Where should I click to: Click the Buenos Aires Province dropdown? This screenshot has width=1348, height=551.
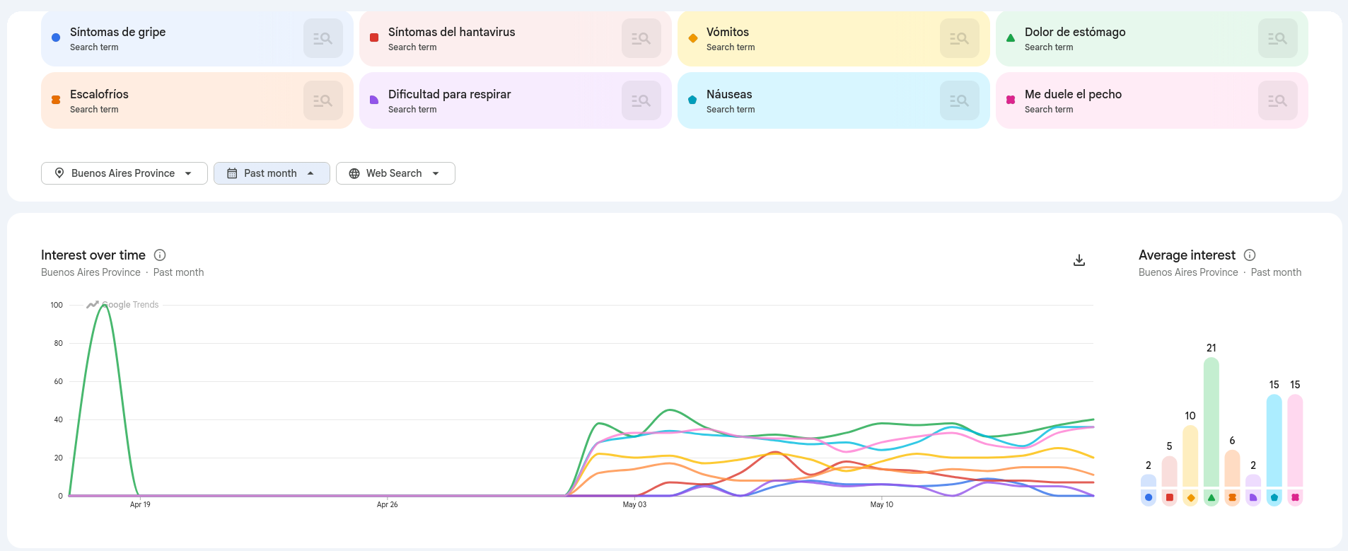click(x=124, y=173)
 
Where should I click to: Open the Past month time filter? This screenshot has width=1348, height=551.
click(x=272, y=173)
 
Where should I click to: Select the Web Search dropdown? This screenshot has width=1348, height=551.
click(x=395, y=173)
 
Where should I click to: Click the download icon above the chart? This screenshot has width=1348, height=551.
click(x=1079, y=260)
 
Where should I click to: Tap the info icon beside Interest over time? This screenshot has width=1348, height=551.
click(x=160, y=255)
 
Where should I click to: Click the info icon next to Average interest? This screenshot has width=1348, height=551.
click(x=1250, y=255)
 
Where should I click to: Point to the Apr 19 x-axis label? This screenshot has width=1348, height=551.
click(x=140, y=504)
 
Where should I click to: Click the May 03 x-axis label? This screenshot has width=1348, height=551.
click(x=634, y=504)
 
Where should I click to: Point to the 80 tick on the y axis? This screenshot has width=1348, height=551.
click(x=58, y=343)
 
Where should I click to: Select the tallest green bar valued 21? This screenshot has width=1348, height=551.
click(x=1212, y=422)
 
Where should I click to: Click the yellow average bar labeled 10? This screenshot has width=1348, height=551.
click(x=1190, y=456)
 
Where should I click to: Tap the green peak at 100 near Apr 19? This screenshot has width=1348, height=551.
click(x=104, y=306)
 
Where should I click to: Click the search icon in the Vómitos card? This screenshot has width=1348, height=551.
click(x=960, y=38)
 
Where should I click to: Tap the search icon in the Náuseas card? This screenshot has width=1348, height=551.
click(x=960, y=100)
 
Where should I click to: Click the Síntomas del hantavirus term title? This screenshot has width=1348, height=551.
click(x=451, y=32)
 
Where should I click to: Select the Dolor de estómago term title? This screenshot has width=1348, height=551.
click(x=1075, y=32)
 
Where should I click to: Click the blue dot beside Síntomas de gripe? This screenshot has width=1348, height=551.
click(x=56, y=37)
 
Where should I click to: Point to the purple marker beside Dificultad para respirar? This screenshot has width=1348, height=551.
click(x=374, y=100)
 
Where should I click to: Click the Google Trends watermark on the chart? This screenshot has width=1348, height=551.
click(x=122, y=305)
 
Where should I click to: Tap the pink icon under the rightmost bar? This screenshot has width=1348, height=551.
click(x=1295, y=497)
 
